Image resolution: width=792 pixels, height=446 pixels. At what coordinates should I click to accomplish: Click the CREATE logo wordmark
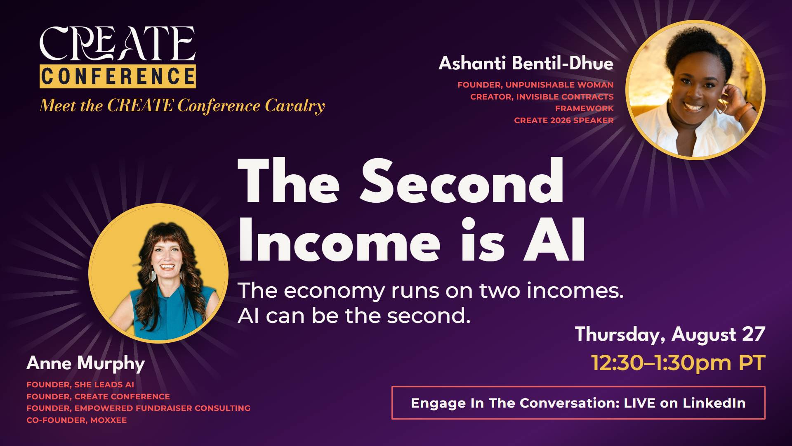(117, 43)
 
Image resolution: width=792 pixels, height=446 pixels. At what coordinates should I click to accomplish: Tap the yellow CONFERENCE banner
(118, 76)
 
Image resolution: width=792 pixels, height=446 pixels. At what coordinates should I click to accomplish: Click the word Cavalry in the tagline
(295, 106)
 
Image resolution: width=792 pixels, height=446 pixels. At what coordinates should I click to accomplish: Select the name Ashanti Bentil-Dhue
(526, 63)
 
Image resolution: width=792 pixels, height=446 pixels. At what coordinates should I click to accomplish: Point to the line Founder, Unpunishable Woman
(535, 85)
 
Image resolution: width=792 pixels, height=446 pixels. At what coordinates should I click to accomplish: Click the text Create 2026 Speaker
(564, 120)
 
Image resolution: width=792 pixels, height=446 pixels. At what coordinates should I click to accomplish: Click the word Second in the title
(462, 182)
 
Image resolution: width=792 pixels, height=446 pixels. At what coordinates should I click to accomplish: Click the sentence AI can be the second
(354, 316)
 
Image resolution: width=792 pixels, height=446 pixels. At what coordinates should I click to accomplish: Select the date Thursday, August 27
(670, 334)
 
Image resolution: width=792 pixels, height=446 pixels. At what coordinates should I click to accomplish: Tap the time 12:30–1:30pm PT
(678, 363)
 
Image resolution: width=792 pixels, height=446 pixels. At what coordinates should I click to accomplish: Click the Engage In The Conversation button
(578, 403)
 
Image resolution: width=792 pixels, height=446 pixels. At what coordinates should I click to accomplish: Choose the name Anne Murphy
(86, 363)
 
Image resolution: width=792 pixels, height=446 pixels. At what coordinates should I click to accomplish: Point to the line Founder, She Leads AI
(80, 384)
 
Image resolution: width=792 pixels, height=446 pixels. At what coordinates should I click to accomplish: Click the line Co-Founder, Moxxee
(77, 420)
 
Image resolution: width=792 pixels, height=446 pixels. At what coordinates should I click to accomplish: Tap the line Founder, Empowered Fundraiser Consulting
(139, 408)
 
